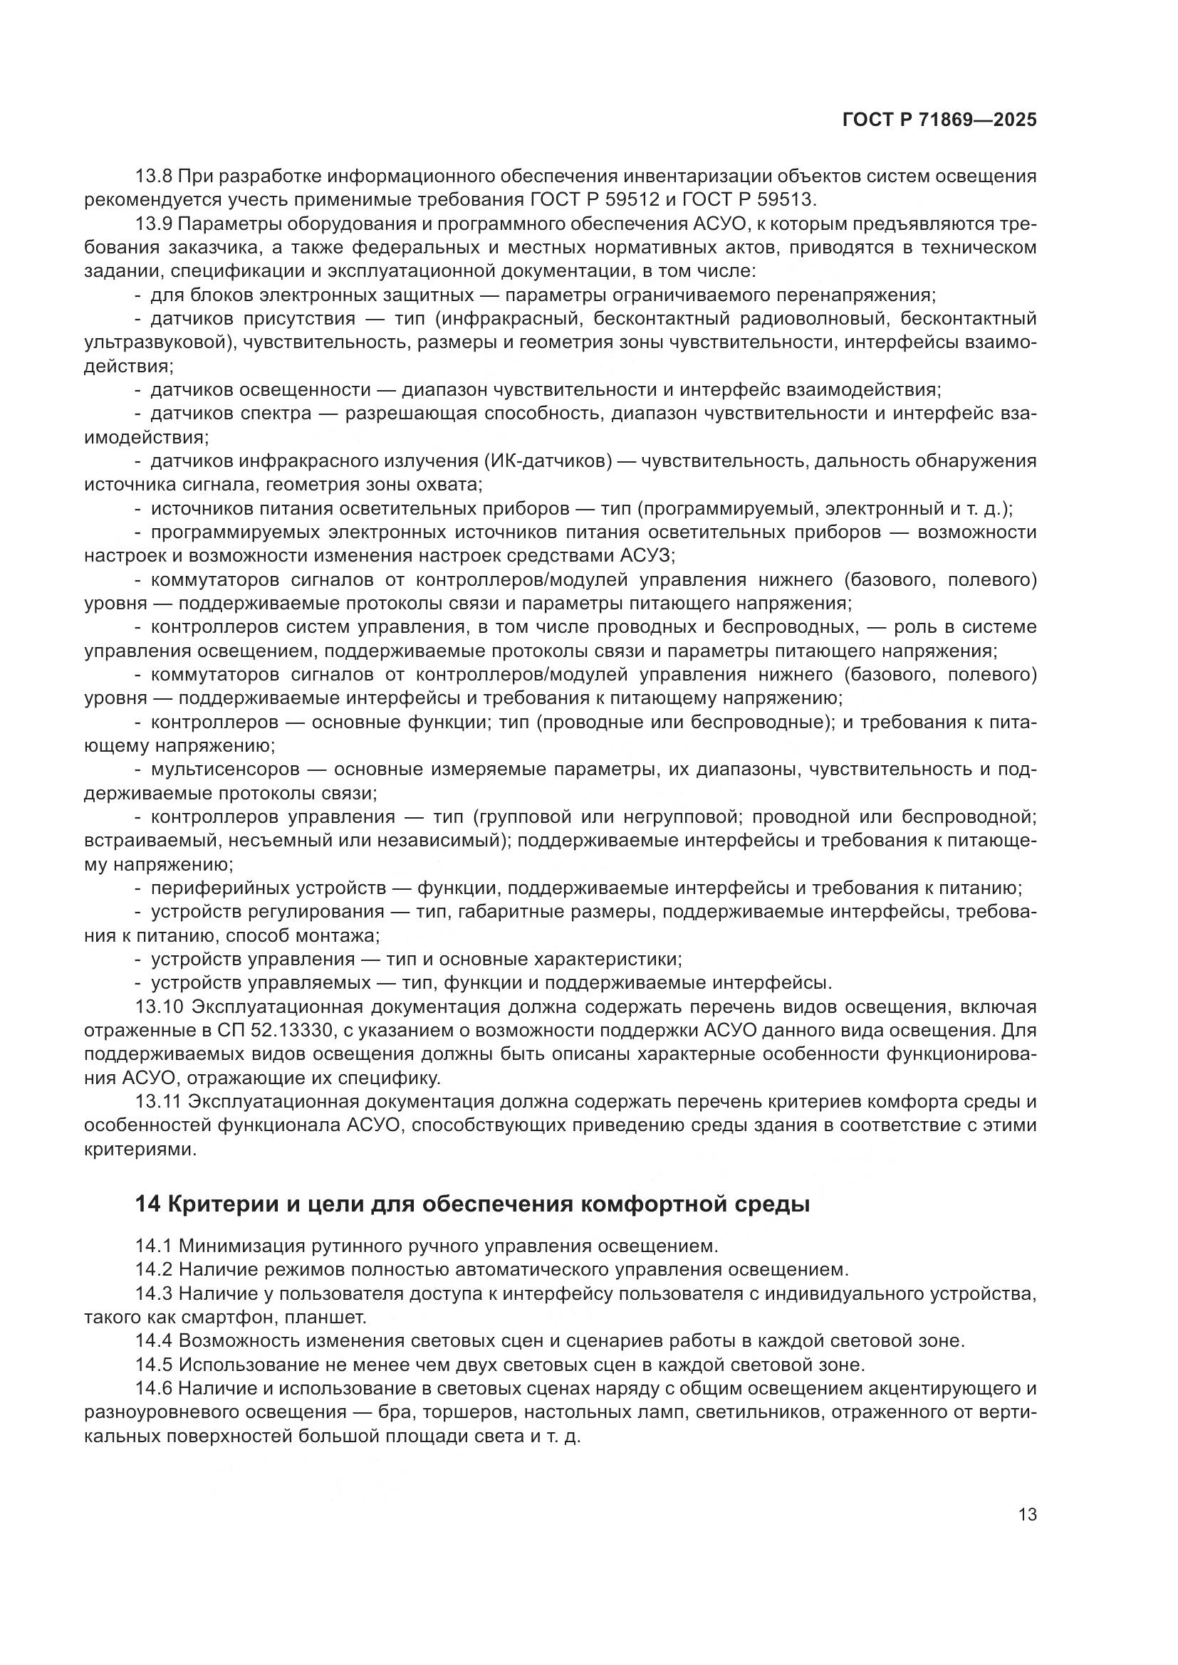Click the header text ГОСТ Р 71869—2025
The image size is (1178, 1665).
click(939, 120)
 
